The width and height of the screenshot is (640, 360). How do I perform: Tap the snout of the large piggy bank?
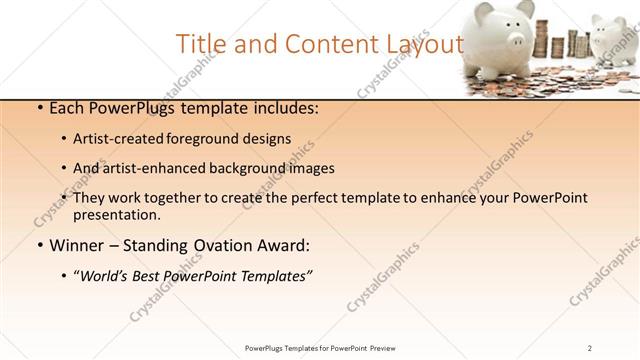pos(516,40)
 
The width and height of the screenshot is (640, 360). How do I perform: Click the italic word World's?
pos(105,275)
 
